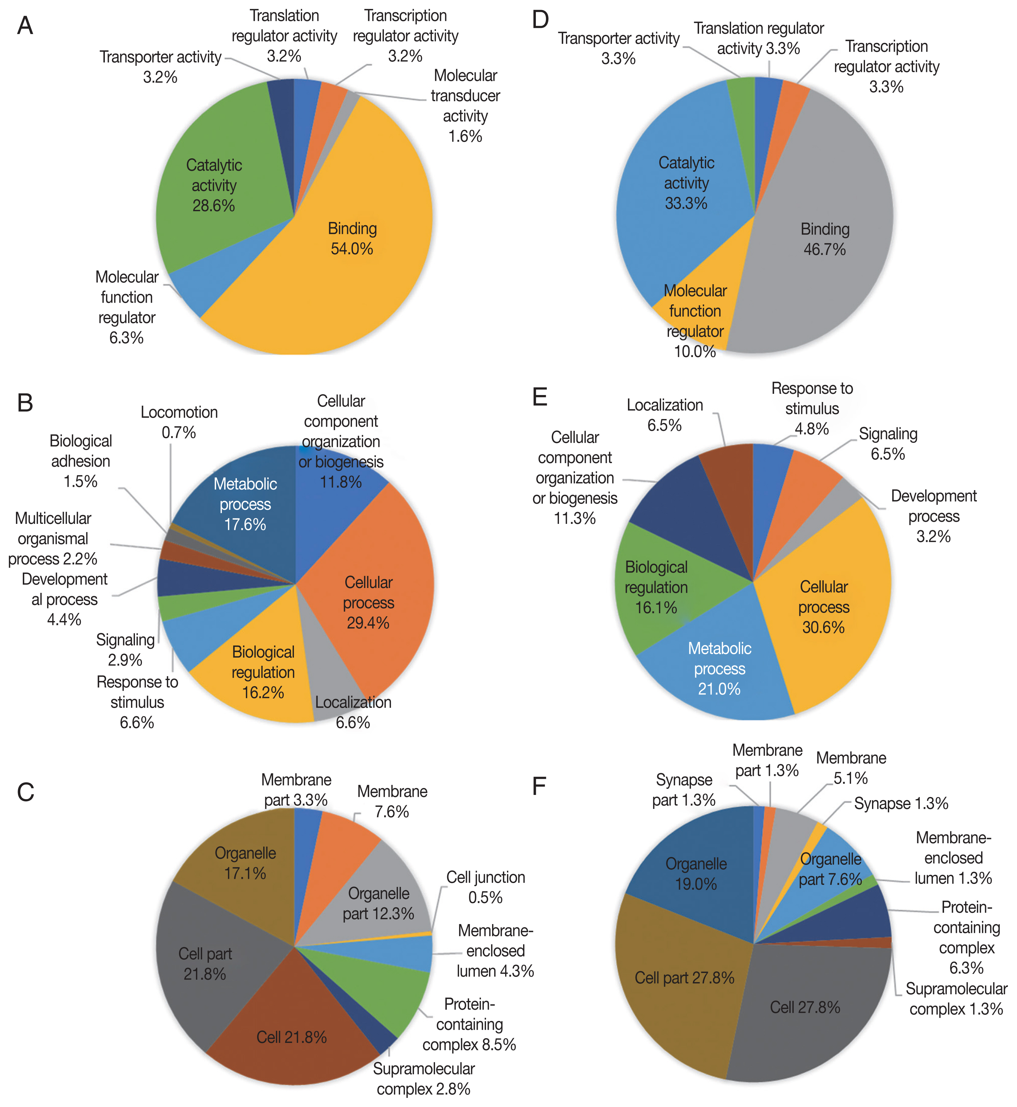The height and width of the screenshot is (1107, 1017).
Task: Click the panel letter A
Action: pyautogui.click(x=25, y=26)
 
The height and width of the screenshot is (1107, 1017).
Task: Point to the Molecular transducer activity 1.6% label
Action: pyautogui.click(x=465, y=106)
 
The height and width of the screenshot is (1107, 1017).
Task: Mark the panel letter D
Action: pyautogui.click(x=540, y=20)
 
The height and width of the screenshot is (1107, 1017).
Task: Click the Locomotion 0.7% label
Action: pyautogui.click(x=179, y=422)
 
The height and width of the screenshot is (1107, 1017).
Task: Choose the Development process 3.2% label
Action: pyautogui.click(x=933, y=516)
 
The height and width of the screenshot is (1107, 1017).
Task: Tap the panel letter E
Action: pyautogui.click(x=540, y=397)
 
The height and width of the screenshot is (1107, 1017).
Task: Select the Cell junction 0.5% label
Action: pyautogui.click(x=485, y=887)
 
